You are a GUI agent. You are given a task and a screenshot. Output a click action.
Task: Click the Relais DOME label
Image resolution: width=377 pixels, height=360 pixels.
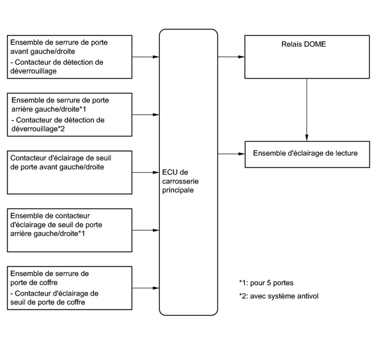(x=303, y=44)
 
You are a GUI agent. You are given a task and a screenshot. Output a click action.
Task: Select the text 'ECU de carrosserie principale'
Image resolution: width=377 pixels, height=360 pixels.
(x=180, y=181)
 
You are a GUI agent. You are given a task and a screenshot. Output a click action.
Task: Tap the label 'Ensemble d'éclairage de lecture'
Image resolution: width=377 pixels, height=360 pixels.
(x=305, y=153)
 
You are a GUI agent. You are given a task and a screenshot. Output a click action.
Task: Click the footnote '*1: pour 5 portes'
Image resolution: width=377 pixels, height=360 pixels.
(x=266, y=283)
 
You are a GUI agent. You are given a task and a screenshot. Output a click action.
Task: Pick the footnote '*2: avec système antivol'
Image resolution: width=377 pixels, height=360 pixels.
(x=278, y=296)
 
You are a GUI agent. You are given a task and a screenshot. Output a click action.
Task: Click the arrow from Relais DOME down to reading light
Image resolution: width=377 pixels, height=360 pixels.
(x=306, y=110)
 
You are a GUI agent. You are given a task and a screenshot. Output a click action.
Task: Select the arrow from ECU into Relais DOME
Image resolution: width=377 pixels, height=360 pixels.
(x=231, y=57)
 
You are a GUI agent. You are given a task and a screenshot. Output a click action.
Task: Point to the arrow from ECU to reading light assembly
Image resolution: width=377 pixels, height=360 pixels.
(x=231, y=154)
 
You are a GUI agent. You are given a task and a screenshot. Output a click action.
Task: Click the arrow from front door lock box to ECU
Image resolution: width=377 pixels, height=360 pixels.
(x=145, y=57)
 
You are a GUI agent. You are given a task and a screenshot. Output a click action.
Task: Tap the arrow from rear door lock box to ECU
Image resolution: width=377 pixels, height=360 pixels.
(x=145, y=115)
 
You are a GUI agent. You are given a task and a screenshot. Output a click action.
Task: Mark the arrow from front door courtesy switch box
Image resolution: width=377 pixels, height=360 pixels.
(x=145, y=173)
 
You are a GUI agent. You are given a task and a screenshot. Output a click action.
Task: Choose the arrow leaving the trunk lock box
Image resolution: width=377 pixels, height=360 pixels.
(x=145, y=288)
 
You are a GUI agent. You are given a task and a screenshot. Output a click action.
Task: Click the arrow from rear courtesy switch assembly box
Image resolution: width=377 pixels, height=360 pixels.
(x=145, y=230)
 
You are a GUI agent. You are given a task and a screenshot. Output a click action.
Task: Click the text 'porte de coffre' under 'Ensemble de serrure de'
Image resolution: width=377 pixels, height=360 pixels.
(x=34, y=283)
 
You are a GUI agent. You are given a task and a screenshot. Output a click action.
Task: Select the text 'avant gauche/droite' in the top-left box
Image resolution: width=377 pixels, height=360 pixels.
(x=42, y=51)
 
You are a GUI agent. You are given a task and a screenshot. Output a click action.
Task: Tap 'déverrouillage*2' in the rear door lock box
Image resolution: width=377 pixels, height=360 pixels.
(x=38, y=129)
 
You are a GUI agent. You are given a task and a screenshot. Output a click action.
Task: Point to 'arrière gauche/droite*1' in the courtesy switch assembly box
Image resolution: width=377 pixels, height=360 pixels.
(x=47, y=233)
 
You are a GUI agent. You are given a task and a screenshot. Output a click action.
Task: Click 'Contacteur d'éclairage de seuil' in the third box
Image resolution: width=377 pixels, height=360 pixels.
(x=61, y=158)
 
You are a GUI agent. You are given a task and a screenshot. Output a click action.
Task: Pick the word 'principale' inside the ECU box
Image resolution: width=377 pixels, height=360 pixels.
(x=178, y=190)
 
